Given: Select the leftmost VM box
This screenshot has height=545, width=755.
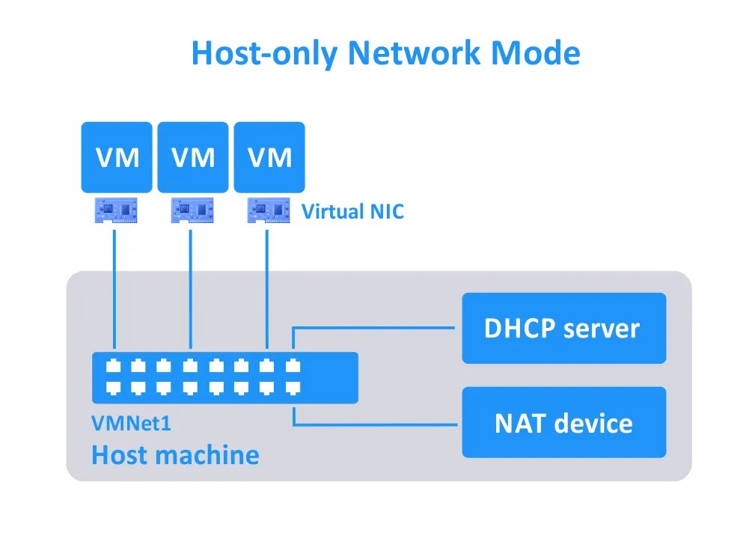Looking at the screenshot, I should coord(117,158).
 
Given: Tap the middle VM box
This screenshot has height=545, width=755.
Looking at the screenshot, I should coord(193,158).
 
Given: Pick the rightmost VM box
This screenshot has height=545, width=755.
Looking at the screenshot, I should coord(269,158).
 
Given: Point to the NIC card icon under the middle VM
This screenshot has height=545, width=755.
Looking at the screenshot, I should coord(192,210).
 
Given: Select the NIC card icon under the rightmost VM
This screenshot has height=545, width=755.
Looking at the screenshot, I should coord(268,210).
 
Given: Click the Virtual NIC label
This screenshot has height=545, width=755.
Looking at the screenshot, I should coord(352,212).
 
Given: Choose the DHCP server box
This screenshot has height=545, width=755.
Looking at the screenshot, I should coord(563,329).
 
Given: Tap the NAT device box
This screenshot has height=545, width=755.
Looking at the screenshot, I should coord(563,423).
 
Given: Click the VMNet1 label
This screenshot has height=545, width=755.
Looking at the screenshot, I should coord(131,424).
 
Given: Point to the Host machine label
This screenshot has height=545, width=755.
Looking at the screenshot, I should coord(175,454).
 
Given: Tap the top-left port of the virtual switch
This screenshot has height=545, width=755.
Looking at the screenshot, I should coord(113,367).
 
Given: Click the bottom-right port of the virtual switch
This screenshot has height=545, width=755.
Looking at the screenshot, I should coord(293,387).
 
